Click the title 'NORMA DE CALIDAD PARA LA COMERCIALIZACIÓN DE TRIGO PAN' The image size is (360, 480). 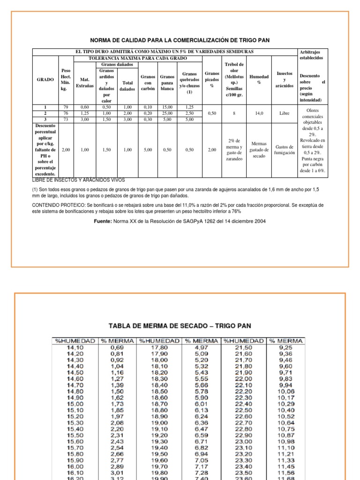[x=180, y=40]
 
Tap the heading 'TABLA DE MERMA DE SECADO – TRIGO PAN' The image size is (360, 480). [x=180, y=325]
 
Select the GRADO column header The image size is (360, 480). [x=45, y=80]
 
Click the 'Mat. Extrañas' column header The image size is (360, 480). [x=85, y=82]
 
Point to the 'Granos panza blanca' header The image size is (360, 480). [x=167, y=82]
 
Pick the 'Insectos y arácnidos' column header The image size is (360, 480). [x=285, y=80]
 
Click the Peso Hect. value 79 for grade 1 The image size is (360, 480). [x=66, y=107]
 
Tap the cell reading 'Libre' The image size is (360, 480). [x=285, y=113]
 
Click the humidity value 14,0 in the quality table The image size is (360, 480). [x=259, y=113]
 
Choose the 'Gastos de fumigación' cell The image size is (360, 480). [x=285, y=150]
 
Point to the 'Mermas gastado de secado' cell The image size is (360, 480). [x=259, y=150]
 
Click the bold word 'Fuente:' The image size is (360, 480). [x=103, y=221]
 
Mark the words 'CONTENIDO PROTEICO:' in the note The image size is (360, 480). [x=59, y=205]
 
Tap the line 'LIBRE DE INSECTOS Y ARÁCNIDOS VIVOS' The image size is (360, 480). [x=78, y=180]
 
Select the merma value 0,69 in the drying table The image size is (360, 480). [x=117, y=347]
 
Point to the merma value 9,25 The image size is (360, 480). [x=285, y=347]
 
